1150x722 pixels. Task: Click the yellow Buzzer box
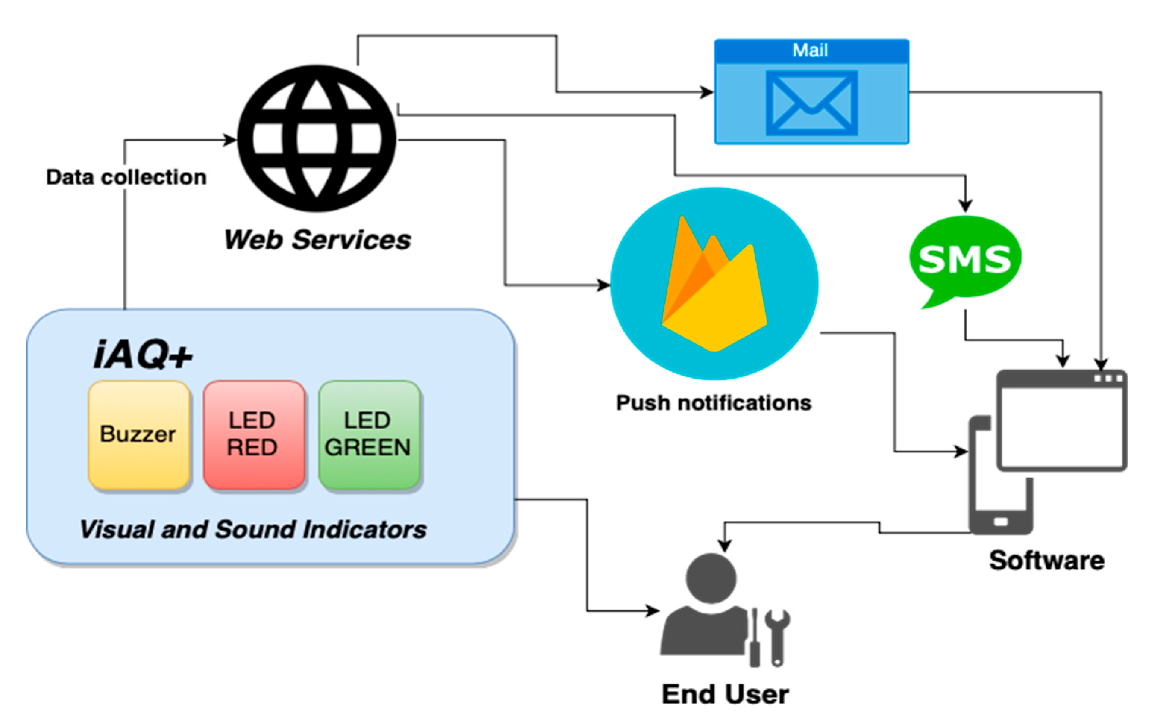(x=138, y=434)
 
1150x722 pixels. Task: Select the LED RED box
(x=254, y=434)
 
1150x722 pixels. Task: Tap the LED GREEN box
(x=369, y=434)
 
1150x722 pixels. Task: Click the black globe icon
(x=317, y=138)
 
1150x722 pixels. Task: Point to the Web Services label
(x=317, y=240)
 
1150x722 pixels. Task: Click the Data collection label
(x=126, y=177)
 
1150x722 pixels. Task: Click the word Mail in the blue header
(x=810, y=50)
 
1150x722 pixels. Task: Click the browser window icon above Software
(x=1062, y=420)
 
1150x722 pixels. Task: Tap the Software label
(x=1046, y=560)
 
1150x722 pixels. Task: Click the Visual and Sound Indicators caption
(x=253, y=530)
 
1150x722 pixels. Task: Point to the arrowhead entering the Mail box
(x=707, y=92)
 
